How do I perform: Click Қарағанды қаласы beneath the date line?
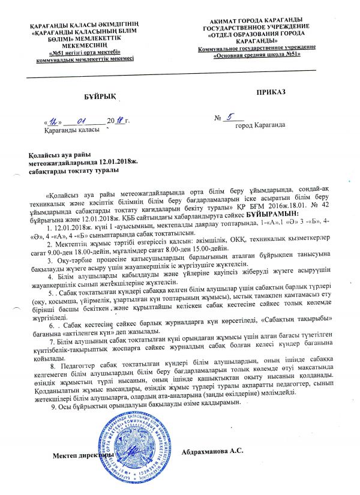pos(68,130)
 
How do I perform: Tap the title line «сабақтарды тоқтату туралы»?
pos(73,171)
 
